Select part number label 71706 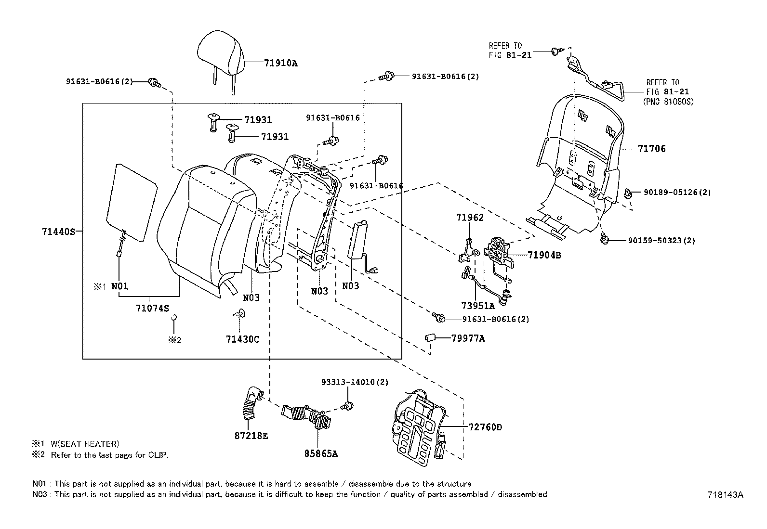[651, 149]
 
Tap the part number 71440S [58, 232]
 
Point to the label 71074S [152, 308]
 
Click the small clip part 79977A [430, 337]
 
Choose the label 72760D [485, 427]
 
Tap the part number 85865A [321, 453]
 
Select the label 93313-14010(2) [355, 382]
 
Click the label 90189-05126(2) [677, 193]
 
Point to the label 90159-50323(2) [661, 241]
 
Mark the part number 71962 [470, 217]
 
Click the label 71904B [544, 255]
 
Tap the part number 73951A [477, 306]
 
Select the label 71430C [242, 339]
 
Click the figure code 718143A [726, 495]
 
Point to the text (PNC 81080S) [668, 102]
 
